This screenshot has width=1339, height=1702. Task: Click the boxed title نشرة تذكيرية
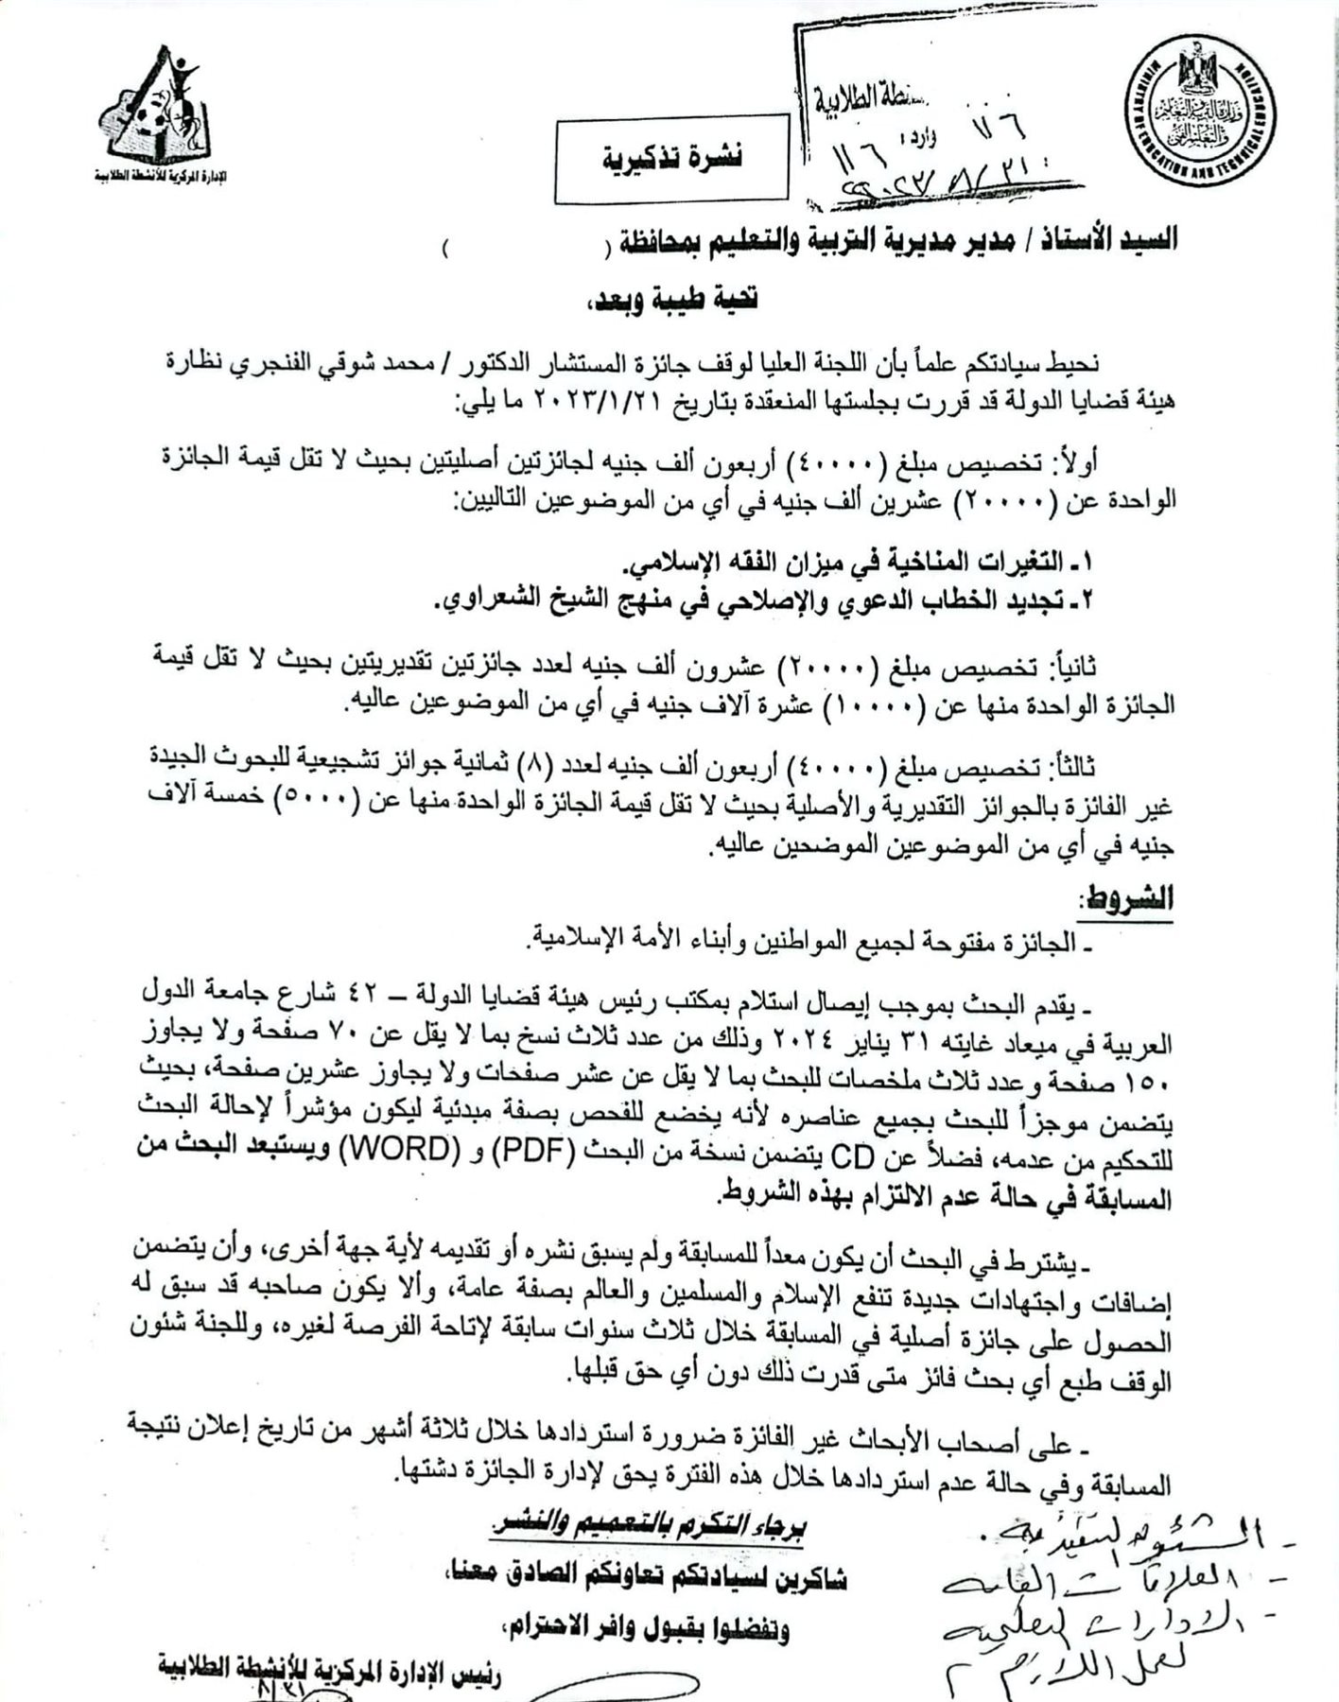tap(672, 157)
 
